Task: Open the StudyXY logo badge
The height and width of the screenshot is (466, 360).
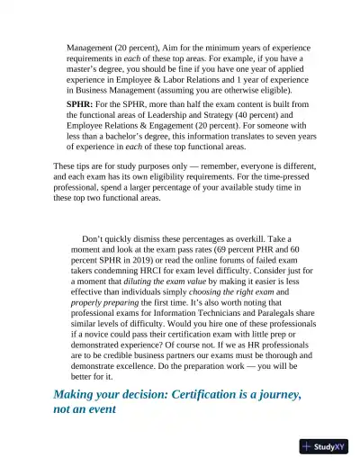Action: [323, 446]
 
